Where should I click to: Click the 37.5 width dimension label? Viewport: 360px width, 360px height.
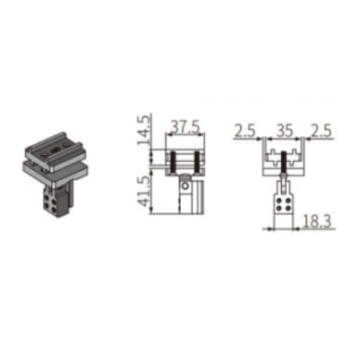click(184, 128)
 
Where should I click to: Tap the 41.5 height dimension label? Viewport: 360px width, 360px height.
click(144, 192)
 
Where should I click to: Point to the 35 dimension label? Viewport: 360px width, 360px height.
click(284, 131)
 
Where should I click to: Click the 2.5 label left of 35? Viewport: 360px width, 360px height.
click(245, 131)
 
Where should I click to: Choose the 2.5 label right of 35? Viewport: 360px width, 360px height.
click(320, 131)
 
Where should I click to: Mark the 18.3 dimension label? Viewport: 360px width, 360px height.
click(317, 222)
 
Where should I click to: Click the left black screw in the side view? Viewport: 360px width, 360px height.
click(173, 164)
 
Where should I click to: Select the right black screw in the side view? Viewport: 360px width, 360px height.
click(197, 164)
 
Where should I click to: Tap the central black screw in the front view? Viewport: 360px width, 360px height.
click(283, 163)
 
